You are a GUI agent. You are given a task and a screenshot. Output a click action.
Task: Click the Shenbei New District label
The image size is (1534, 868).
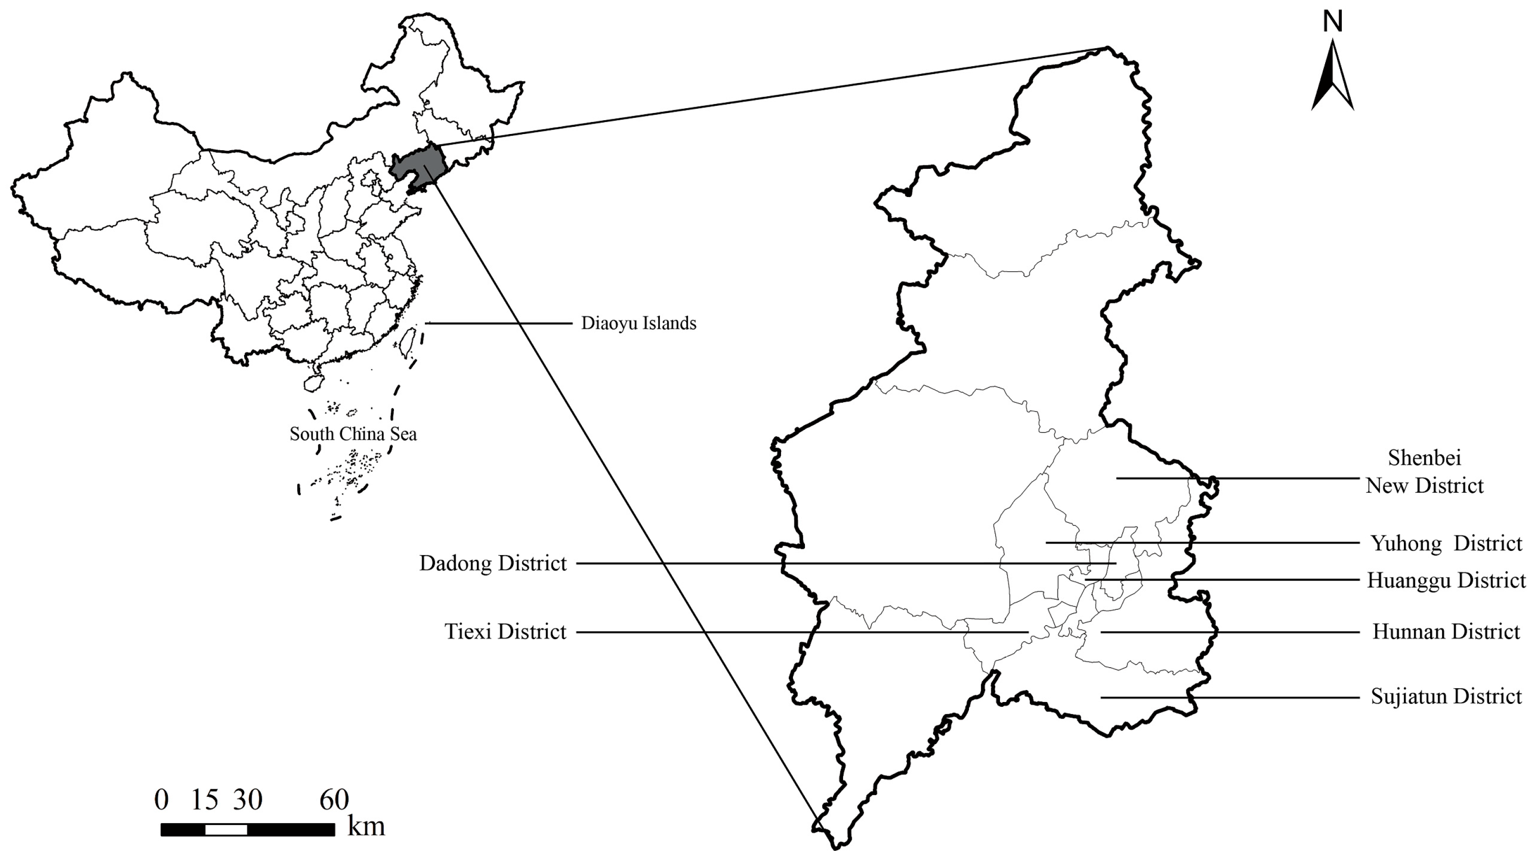pos(1424,472)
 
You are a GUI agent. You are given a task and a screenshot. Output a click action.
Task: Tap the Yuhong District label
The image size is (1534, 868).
pos(1446,543)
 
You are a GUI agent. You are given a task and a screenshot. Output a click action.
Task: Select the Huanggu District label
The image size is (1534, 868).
pos(1446,580)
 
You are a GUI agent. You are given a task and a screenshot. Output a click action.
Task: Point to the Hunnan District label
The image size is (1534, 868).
pos(1446,631)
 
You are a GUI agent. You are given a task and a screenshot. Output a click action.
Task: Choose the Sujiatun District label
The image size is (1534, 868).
pos(1446,696)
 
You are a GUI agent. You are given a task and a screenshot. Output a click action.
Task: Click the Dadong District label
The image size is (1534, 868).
pos(493,563)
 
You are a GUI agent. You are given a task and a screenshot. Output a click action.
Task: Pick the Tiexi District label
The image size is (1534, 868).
pos(505,631)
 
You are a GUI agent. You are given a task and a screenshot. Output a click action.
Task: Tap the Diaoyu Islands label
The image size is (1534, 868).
pos(638,323)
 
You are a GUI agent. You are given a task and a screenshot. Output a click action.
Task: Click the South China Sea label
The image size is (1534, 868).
pos(353,434)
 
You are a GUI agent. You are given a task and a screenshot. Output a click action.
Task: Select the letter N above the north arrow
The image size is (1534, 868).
pos(1333,22)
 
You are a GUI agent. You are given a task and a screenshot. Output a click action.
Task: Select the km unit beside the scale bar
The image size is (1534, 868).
pos(366,827)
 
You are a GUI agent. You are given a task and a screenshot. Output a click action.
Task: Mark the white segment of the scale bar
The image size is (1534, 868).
pos(226,829)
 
